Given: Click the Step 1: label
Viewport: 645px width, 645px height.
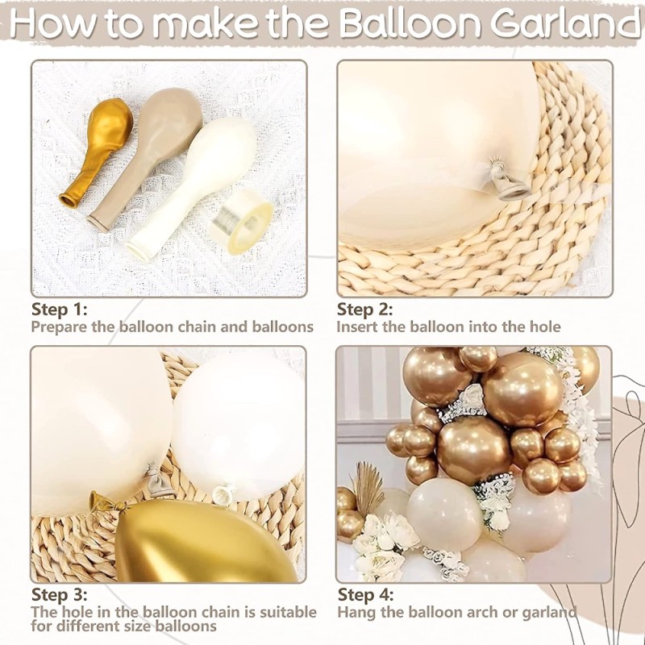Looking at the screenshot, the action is point(59,309).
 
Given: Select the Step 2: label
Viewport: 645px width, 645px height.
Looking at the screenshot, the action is point(364,309).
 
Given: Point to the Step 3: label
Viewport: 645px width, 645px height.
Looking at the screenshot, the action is point(59,594).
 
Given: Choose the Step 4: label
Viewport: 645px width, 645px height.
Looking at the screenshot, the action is point(365,594).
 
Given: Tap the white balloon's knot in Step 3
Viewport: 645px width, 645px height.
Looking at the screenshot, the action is point(223,493).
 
